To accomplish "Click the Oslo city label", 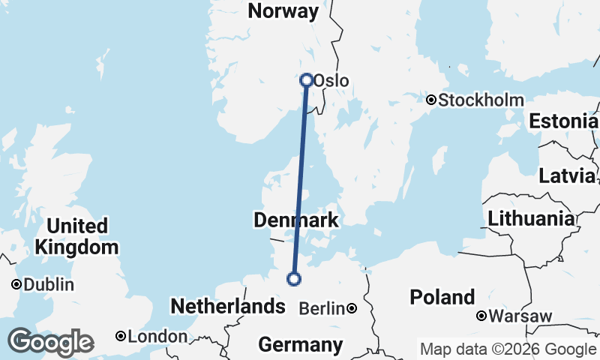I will [x=331, y=81].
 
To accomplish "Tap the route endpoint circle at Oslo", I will [x=307, y=79].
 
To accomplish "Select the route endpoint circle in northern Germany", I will [x=294, y=279].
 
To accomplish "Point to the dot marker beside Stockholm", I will [x=431, y=100].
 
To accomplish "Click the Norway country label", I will [x=283, y=11].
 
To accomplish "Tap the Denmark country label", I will [x=296, y=220].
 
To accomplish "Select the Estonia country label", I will [x=563, y=121].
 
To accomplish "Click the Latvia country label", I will [x=567, y=176].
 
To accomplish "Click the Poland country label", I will [x=442, y=297].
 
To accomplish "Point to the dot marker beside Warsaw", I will [x=481, y=316].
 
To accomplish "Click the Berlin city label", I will [x=322, y=308].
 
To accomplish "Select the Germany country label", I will [x=300, y=345].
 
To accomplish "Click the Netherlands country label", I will [x=228, y=306].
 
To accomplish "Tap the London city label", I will [x=157, y=337].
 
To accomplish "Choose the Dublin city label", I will [x=49, y=285].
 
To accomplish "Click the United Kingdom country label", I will [x=76, y=236].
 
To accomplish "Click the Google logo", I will [x=50, y=342].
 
